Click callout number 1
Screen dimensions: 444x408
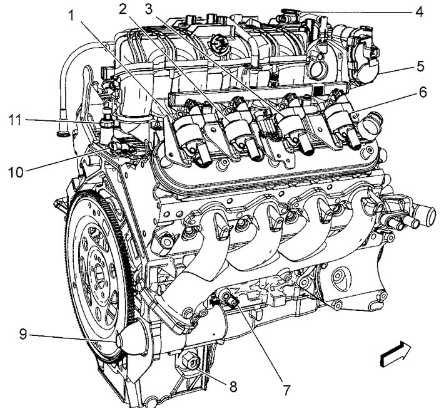[71, 15]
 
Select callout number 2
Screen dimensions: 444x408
[123, 9]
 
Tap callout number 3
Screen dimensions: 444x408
[148, 9]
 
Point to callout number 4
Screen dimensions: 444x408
[419, 12]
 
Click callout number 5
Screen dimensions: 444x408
[420, 66]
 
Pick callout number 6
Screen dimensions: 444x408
[423, 92]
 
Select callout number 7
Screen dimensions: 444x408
[286, 390]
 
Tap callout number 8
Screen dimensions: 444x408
[233, 387]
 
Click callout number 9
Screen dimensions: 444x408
[23, 334]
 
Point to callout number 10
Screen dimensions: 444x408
[16, 172]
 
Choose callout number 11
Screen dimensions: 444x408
[15, 120]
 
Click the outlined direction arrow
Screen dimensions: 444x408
[395, 354]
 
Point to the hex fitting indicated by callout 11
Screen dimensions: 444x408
[106, 123]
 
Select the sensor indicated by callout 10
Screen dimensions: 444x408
[117, 147]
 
